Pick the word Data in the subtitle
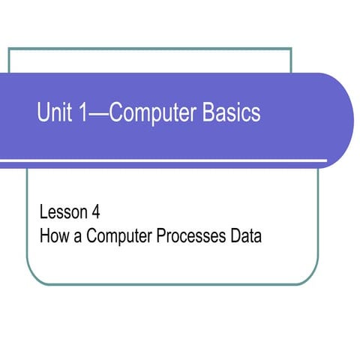point(244,237)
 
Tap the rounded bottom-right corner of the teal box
point(313,277)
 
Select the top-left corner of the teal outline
point(9,49)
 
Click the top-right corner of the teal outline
point(290,49)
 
